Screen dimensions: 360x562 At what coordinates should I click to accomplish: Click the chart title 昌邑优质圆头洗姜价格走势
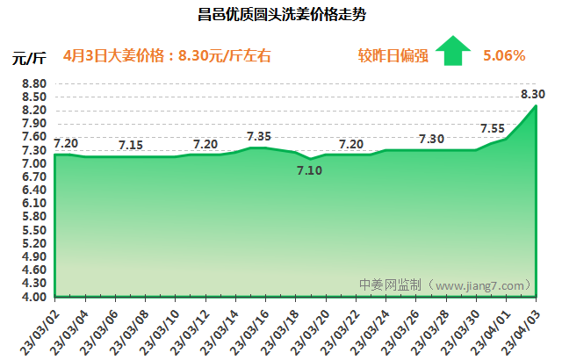click(280, 15)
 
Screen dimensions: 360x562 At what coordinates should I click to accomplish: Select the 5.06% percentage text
click(504, 56)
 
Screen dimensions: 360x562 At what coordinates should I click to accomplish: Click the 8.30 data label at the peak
click(533, 94)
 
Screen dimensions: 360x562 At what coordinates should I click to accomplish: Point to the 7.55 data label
click(492, 128)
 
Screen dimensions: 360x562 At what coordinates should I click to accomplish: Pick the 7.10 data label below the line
click(309, 170)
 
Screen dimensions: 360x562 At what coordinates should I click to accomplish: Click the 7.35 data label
click(258, 136)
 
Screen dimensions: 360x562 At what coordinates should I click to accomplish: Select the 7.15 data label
click(131, 145)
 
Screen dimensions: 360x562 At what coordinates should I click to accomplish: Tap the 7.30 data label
click(431, 139)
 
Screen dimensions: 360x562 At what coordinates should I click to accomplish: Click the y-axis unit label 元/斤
click(29, 59)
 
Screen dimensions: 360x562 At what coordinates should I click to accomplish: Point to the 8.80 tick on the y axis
click(33, 84)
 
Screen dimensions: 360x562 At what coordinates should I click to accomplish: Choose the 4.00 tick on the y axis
click(33, 297)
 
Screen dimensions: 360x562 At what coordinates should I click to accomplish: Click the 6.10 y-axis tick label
click(33, 204)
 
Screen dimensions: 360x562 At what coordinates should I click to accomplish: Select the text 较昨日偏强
click(393, 56)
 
